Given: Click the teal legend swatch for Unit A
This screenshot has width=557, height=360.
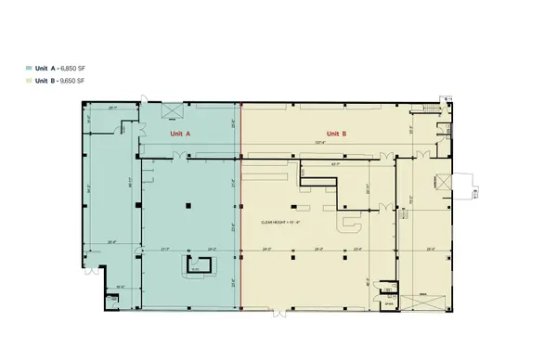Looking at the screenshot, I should click(29, 69).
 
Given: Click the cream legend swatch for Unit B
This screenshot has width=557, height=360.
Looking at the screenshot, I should click(29, 82).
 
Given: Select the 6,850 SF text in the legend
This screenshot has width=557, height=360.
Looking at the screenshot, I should click(74, 69).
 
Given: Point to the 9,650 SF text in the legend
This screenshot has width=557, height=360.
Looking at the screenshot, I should click(74, 82).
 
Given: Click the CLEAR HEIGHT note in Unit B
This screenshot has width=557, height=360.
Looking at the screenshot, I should click(280, 223).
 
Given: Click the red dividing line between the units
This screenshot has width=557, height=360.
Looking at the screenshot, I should click(241, 204).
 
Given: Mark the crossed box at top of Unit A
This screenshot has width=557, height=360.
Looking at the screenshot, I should click(172, 110).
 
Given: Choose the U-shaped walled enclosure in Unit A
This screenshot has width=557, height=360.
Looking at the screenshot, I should click(194, 268).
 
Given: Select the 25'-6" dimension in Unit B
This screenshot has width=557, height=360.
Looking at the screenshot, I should click(430, 249).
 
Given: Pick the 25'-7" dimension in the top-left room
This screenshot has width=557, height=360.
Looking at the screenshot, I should click(113, 108).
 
